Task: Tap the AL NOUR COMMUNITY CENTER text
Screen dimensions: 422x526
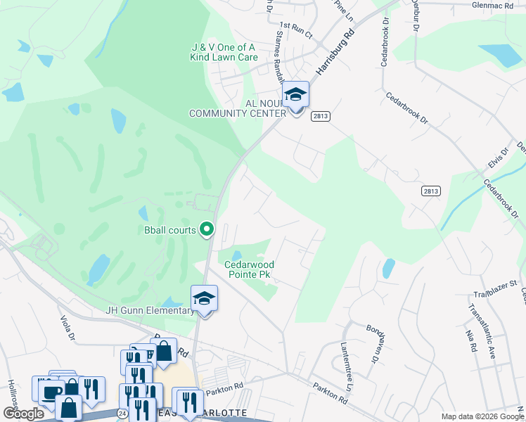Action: pyautogui.click(x=236, y=108)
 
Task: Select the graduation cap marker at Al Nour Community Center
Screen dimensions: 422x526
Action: pyautogui.click(x=296, y=96)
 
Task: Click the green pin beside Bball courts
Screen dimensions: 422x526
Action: pyautogui.click(x=207, y=229)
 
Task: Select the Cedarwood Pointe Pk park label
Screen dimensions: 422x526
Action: pyautogui.click(x=249, y=269)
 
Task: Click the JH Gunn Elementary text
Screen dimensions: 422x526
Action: pyautogui.click(x=148, y=310)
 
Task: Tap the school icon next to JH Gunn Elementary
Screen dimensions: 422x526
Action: pyautogui.click(x=204, y=299)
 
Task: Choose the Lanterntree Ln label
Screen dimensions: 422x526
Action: pyautogui.click(x=346, y=358)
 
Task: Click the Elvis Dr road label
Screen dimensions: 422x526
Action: pyautogui.click(x=497, y=162)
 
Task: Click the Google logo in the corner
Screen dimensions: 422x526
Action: pyautogui.click(x=23, y=414)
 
